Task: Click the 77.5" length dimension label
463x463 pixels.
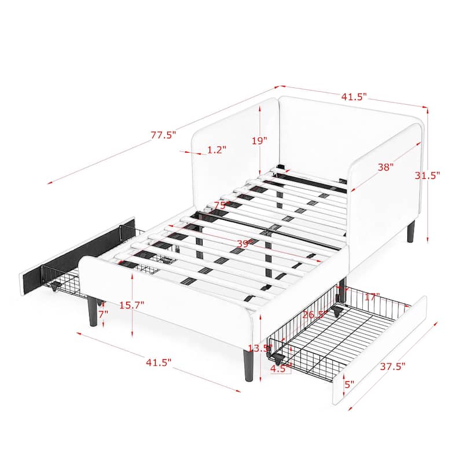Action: pyautogui.click(x=163, y=135)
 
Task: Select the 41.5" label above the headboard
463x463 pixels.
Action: pyautogui.click(x=354, y=97)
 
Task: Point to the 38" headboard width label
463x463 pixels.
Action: pyautogui.click(x=386, y=167)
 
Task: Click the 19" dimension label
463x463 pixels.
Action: pyautogui.click(x=260, y=140)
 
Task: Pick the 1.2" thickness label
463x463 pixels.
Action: pyautogui.click(x=216, y=149)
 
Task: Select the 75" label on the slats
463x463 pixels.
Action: pyautogui.click(x=219, y=205)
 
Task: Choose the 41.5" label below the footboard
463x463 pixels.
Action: pyautogui.click(x=159, y=362)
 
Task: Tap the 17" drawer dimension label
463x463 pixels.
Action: pyautogui.click(x=373, y=296)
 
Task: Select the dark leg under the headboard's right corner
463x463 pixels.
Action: pyautogui.click(x=411, y=230)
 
